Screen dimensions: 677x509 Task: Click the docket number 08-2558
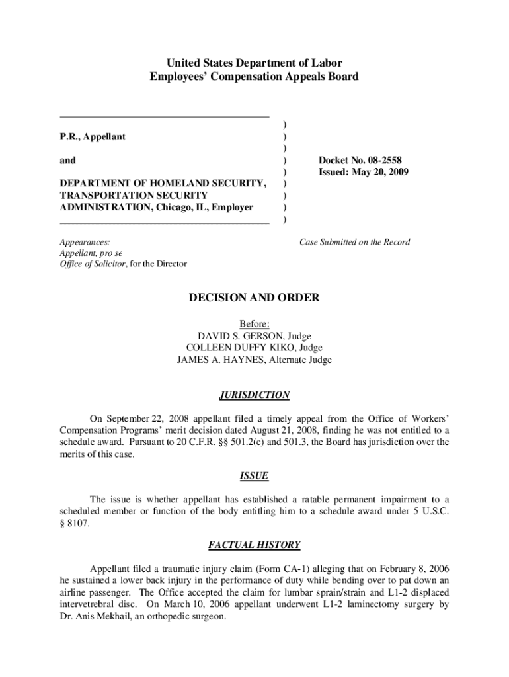(x=379, y=160)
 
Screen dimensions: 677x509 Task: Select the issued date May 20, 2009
(x=379, y=172)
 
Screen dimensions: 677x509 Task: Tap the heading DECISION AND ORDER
(x=254, y=298)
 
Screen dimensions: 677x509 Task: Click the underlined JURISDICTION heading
(x=254, y=395)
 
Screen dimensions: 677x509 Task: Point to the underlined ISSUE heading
(x=254, y=476)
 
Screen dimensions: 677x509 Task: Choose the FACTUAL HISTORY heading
(x=254, y=545)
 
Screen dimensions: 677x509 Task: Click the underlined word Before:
(x=254, y=324)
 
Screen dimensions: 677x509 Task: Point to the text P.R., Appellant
(x=93, y=136)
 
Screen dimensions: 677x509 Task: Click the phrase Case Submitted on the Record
(x=354, y=242)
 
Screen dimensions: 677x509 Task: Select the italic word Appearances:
(x=85, y=242)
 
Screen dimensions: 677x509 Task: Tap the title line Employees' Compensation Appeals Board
(x=254, y=77)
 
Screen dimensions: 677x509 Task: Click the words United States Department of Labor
(x=254, y=63)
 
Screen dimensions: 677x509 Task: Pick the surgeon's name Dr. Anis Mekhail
(x=98, y=616)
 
